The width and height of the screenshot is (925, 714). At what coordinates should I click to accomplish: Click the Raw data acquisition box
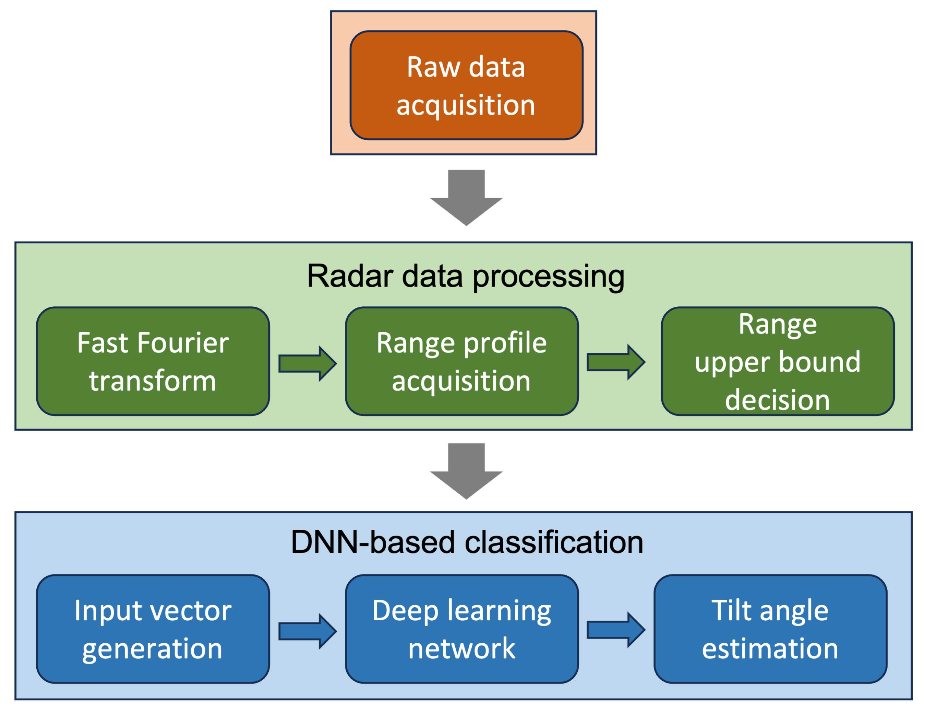coord(466,85)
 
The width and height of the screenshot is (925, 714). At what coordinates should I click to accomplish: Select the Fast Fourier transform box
coord(153,361)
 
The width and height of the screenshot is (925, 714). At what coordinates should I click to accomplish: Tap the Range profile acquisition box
coord(462,361)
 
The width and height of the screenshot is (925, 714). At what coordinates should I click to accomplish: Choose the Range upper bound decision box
coord(778,361)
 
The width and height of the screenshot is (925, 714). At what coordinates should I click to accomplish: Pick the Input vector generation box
coord(153,629)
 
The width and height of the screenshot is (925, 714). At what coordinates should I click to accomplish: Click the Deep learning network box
coord(462,629)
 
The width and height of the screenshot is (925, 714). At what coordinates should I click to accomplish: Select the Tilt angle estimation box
coord(770,629)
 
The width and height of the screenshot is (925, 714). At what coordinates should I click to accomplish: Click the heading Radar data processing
coord(466,276)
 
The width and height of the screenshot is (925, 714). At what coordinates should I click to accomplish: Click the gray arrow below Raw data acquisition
coord(466,197)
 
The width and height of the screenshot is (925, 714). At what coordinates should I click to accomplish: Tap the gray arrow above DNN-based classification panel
coord(466,470)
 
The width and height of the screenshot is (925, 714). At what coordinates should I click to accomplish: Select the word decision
coord(777,400)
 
